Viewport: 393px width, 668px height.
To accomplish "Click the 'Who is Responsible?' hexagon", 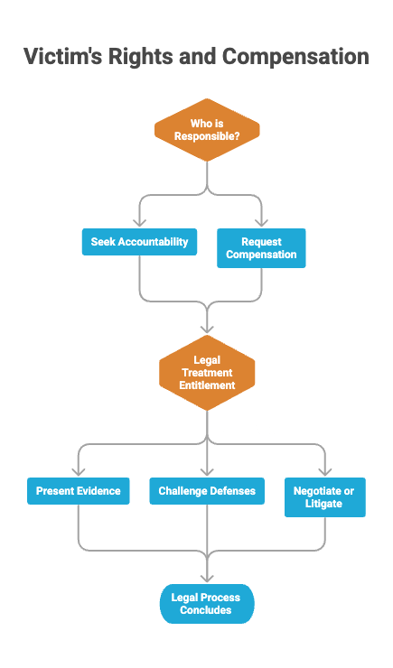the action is click(207, 130).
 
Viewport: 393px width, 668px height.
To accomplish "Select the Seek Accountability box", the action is click(139, 242).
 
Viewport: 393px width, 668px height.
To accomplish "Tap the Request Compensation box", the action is click(261, 248).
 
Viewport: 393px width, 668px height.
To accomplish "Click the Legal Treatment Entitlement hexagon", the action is click(207, 373).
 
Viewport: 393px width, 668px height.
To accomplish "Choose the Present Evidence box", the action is click(79, 491).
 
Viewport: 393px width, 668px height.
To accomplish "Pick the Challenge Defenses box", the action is click(207, 491).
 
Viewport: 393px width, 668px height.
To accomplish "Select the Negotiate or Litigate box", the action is click(325, 497).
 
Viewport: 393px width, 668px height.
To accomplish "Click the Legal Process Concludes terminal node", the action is click(207, 604).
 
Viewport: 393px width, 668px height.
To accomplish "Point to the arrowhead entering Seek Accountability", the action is click(139, 223).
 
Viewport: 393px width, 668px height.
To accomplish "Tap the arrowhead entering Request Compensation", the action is click(261, 223).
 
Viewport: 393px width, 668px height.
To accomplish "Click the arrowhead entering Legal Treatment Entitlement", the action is click(207, 329).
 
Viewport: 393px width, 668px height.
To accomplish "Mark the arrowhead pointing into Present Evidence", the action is click(79, 471).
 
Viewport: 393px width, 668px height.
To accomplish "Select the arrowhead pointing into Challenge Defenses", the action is click(207, 471).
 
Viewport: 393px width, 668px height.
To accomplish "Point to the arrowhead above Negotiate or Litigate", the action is click(325, 471).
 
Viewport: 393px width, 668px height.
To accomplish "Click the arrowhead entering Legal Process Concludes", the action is click(207, 578).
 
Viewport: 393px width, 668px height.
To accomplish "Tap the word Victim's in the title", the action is click(62, 56).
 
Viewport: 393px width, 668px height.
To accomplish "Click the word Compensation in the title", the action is click(295, 57).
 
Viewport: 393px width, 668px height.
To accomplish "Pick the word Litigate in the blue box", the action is click(323, 504).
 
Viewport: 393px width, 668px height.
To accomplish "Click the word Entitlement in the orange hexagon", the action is click(207, 385).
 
